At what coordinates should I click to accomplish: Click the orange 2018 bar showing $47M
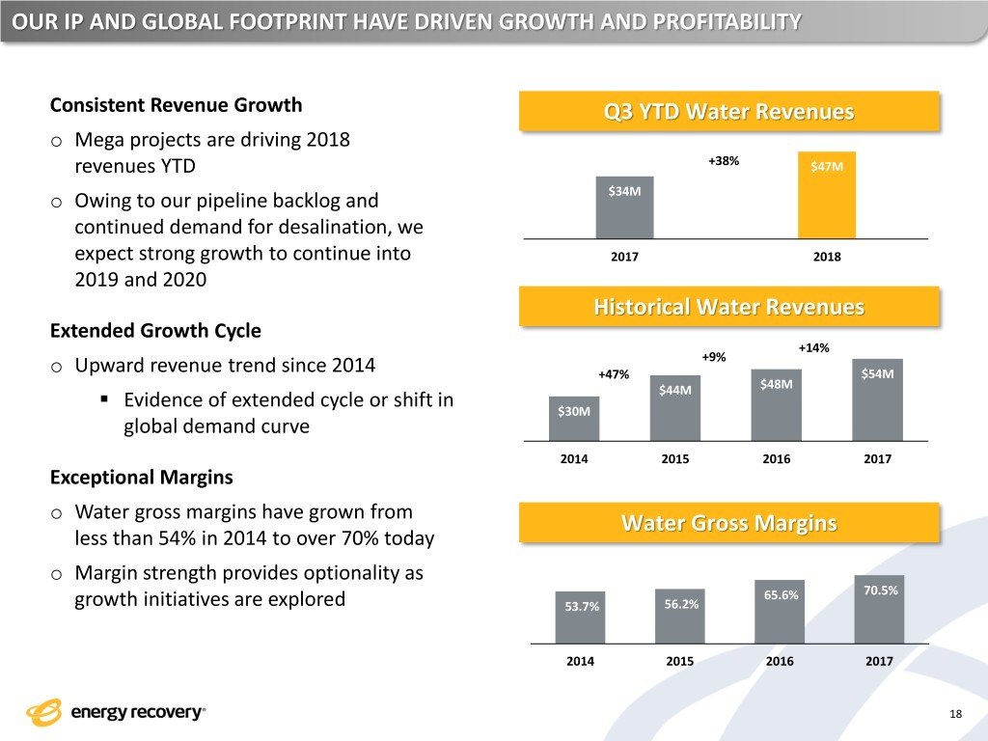827,195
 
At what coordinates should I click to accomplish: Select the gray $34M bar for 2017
624,206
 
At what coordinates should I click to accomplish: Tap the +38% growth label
724,161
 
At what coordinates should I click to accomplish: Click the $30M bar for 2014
573,419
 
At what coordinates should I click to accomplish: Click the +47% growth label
614,374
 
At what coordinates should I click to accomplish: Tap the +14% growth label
814,347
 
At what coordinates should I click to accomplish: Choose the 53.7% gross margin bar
581,617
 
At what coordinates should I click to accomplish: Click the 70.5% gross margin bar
879,609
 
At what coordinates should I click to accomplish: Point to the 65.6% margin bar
780,612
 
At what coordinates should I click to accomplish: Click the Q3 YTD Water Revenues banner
728,112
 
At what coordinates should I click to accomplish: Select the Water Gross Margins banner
728,523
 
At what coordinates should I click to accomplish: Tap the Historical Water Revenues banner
728,307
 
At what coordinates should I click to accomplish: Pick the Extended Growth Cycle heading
154,330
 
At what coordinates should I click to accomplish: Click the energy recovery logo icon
44,712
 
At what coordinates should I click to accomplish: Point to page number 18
956,712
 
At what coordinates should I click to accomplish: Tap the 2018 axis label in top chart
827,258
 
